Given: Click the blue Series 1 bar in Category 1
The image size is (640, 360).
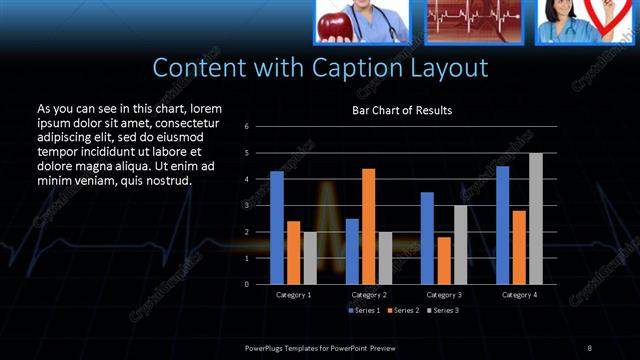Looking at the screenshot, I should tap(277, 228).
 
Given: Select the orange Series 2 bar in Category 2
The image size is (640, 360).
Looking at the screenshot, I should tap(368, 226).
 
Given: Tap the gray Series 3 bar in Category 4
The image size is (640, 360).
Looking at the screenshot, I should tap(536, 218).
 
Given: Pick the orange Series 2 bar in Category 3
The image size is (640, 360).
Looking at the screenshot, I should tap(443, 260).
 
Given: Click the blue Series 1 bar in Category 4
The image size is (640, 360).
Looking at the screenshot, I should tap(502, 225).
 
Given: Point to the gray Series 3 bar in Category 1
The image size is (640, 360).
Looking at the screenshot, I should tap(310, 258).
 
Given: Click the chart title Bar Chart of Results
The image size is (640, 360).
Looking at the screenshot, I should tap(402, 110).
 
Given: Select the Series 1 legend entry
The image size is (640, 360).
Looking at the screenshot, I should tap(364, 311).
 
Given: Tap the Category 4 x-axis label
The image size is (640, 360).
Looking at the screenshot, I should tap(519, 295).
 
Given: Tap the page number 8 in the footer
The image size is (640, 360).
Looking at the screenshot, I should tap(590, 346).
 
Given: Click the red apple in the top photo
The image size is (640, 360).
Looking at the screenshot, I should tap(332, 22).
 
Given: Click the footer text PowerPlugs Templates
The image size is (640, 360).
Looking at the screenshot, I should tap(290, 346).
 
